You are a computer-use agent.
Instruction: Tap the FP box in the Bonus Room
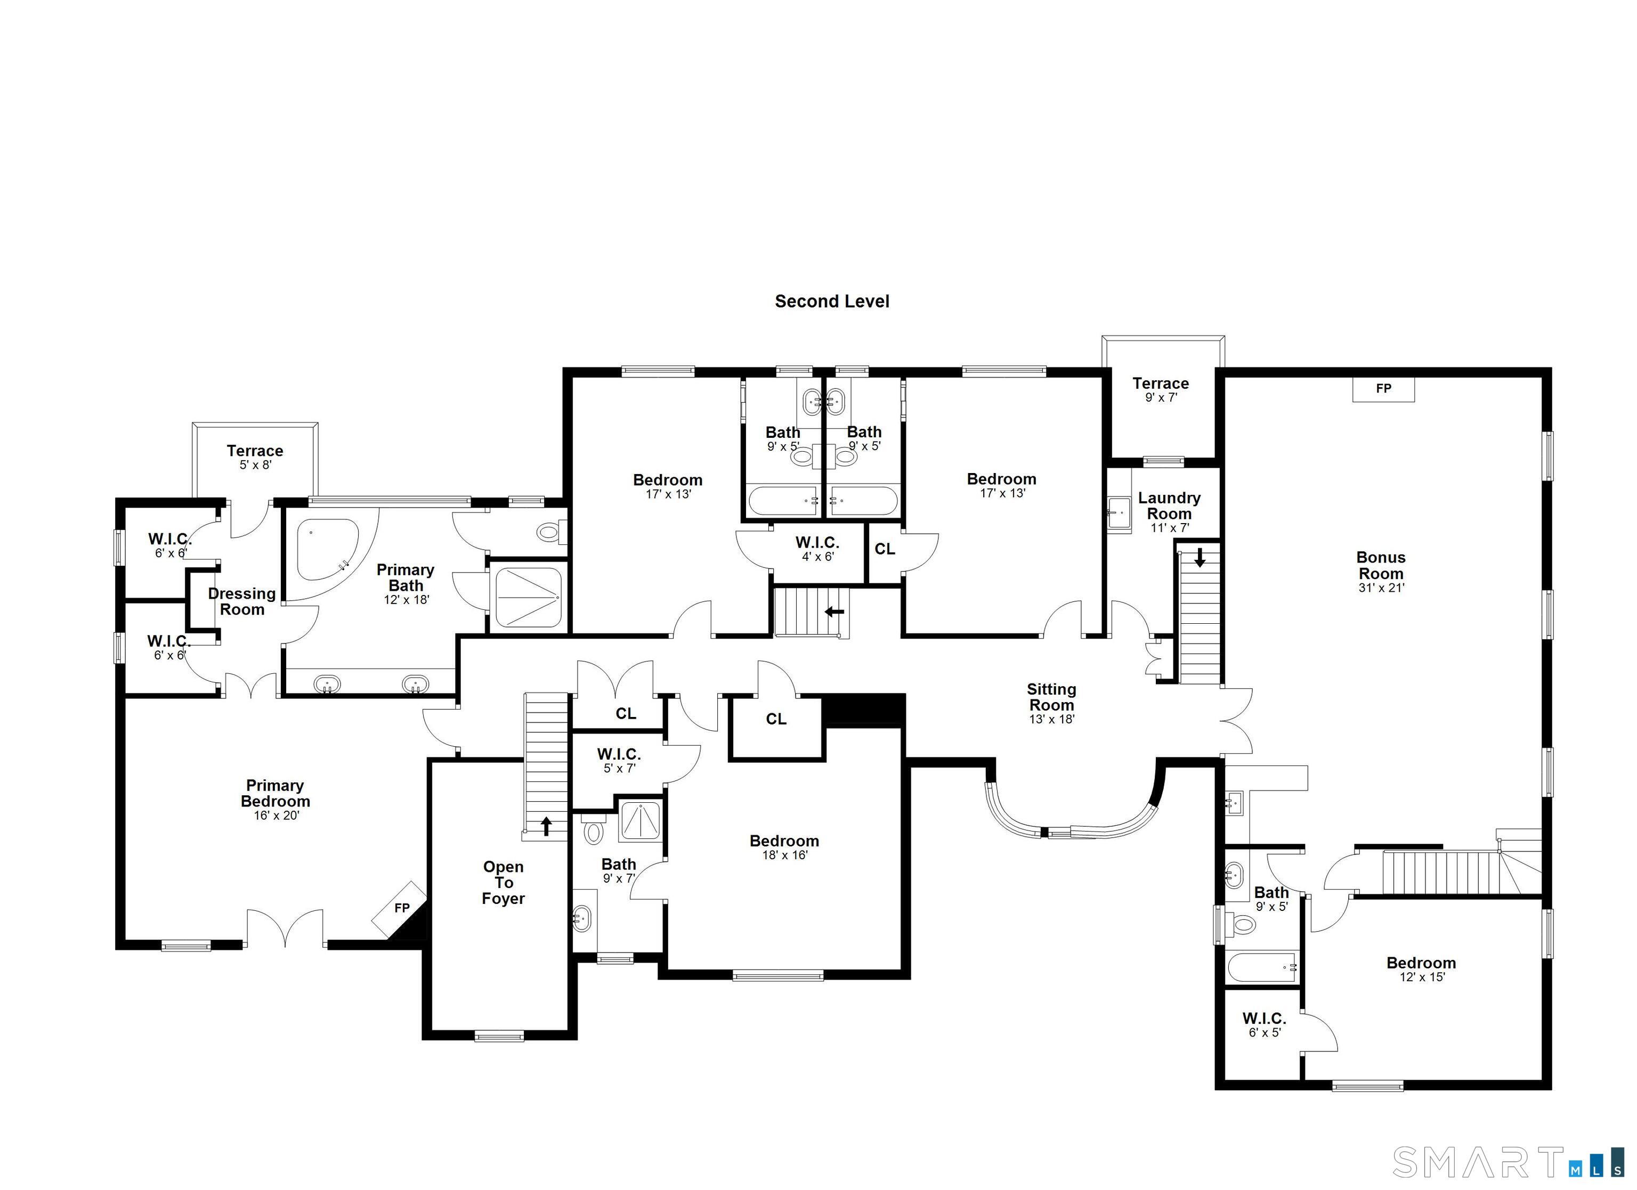click(x=1383, y=389)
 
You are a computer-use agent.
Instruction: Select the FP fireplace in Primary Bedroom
click(x=401, y=909)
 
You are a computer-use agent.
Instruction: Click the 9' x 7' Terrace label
click(x=1160, y=390)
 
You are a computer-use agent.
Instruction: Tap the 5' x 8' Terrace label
click(x=255, y=458)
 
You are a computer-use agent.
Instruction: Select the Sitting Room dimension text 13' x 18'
click(x=1052, y=720)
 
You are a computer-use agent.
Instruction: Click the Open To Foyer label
click(x=503, y=883)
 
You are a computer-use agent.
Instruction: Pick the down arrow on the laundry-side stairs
click(x=1200, y=558)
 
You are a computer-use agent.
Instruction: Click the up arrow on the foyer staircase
click(x=546, y=826)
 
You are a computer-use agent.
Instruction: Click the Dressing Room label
click(x=242, y=601)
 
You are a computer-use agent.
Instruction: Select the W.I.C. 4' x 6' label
click(x=817, y=549)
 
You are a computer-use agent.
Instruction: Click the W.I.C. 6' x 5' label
click(x=1264, y=1025)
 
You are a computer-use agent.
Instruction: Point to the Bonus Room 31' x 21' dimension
click(x=1381, y=588)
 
